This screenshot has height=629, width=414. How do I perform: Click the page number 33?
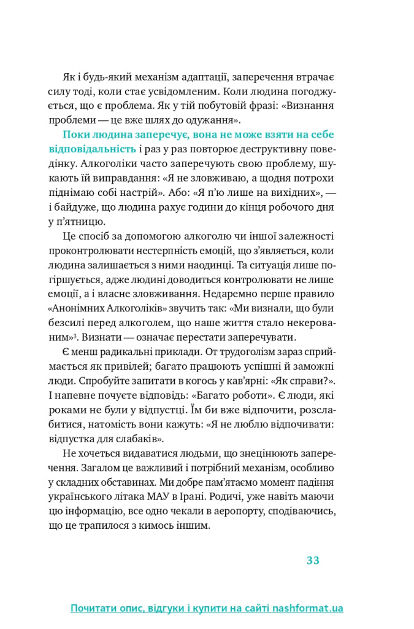pos(313,560)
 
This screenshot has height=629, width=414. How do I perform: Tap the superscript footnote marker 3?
pos(75,336)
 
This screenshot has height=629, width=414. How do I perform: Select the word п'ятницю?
pos(80,222)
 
